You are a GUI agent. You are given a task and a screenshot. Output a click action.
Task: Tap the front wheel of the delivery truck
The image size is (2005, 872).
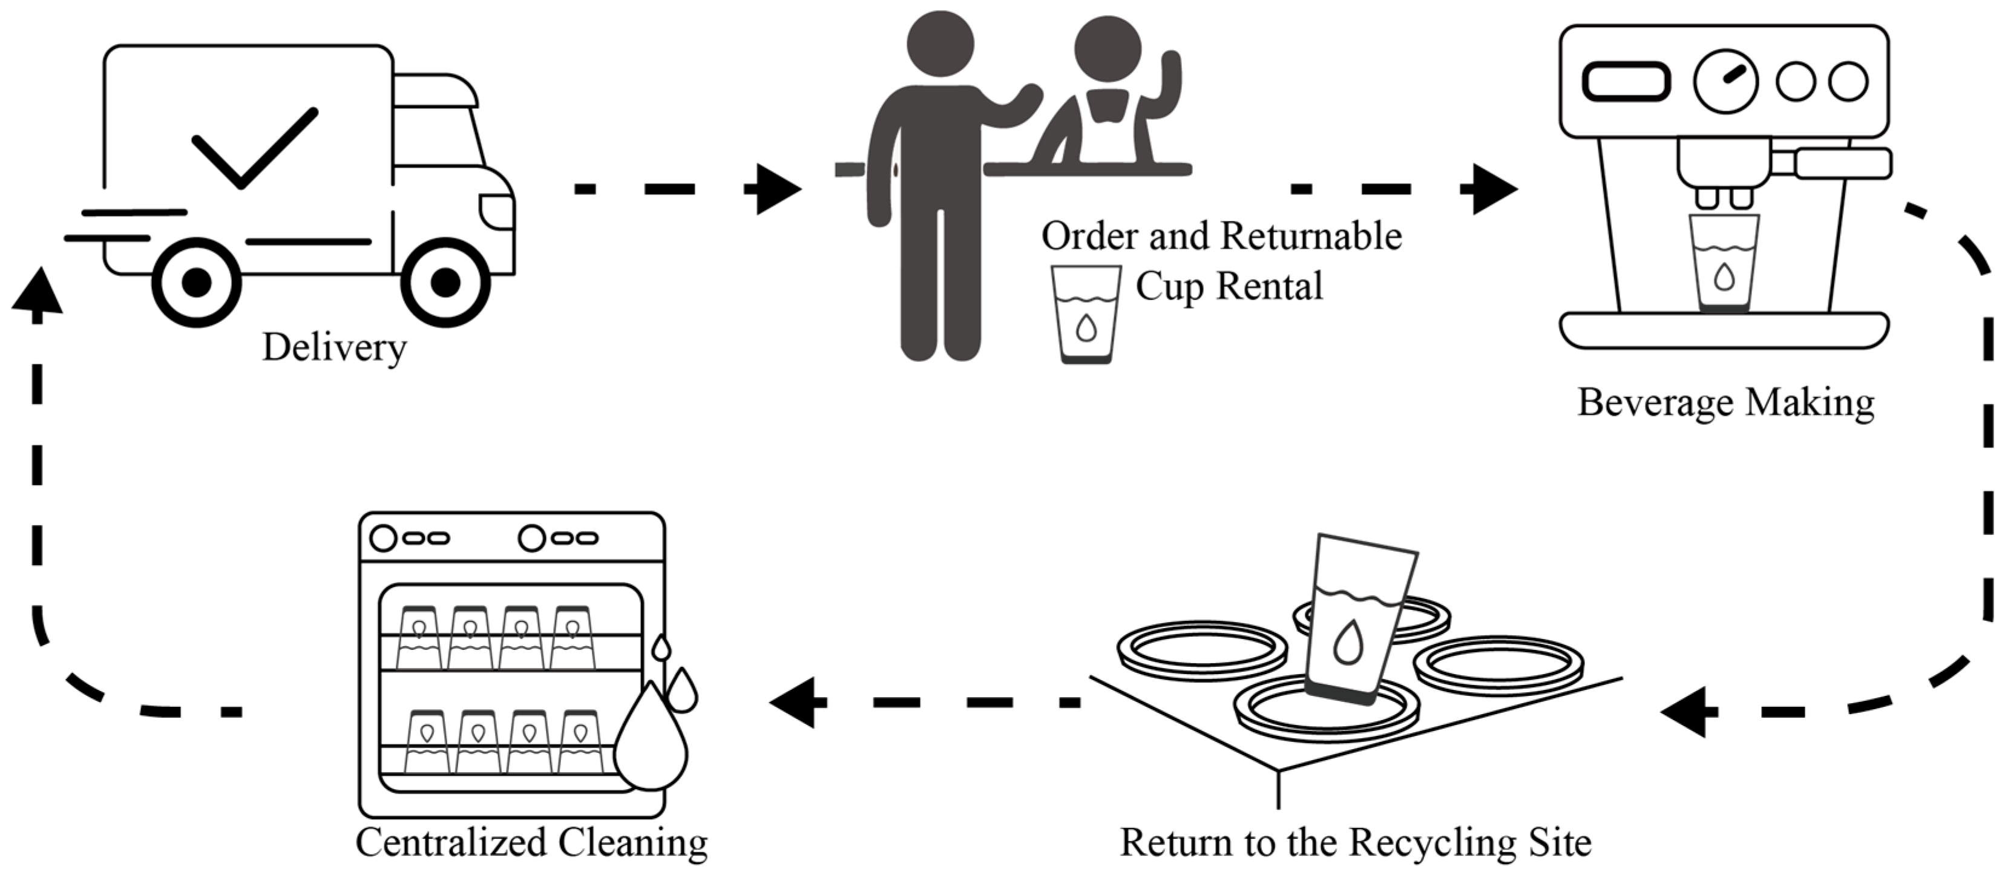coord(445,283)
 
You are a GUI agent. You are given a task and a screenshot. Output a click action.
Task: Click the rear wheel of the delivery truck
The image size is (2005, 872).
coord(196,283)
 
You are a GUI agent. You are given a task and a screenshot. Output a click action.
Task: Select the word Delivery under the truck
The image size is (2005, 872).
coord(335,347)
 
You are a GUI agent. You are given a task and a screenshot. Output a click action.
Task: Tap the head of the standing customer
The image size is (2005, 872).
coord(940,44)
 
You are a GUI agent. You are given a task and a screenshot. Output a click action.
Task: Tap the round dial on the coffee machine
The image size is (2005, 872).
coord(1725,82)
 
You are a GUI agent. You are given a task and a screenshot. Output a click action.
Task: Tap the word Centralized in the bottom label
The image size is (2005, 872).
coord(451,843)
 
